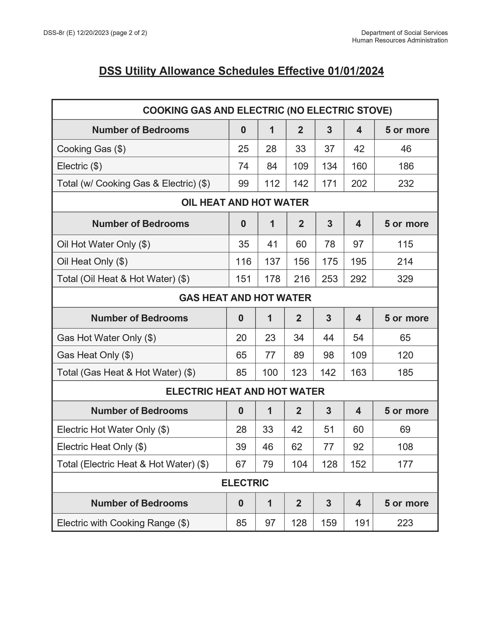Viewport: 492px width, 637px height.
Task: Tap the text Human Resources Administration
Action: pyautogui.click(x=400, y=40)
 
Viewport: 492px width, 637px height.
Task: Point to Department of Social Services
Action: pyautogui.click(x=404, y=33)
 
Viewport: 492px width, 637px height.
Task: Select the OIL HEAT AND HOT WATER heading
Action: pyautogui.click(x=245, y=202)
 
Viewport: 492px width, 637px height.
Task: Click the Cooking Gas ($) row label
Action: pyautogui.click(x=91, y=149)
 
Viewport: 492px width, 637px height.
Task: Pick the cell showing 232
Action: pyautogui.click(x=406, y=183)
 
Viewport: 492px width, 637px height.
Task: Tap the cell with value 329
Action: pyautogui.click(x=405, y=279)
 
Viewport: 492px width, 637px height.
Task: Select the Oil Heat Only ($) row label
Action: pyautogui.click(x=92, y=261)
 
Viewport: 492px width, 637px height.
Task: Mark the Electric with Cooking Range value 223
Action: pyautogui.click(x=405, y=523)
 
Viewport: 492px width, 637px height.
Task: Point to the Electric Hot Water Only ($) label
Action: pyautogui.click(x=113, y=429)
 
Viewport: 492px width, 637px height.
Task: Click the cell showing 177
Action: pyautogui.click(x=405, y=464)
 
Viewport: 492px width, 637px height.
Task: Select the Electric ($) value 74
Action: pyautogui.click(x=243, y=166)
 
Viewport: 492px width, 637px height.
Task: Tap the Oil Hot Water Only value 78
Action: pyautogui.click(x=330, y=244)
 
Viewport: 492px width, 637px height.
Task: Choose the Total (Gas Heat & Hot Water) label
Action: pyautogui.click(x=126, y=373)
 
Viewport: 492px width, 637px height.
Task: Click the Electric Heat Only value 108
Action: pyautogui.click(x=405, y=447)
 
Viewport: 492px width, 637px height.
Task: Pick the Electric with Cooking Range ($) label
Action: pyautogui.click(x=123, y=523)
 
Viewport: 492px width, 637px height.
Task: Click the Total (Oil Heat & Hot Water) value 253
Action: pyautogui.click(x=330, y=279)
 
